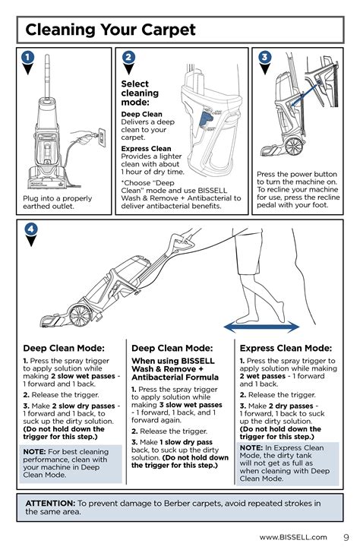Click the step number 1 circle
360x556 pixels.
(27, 57)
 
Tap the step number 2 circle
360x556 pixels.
(128, 57)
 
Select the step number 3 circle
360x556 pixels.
(264, 57)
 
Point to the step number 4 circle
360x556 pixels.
(31, 229)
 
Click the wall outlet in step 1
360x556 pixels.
(102, 137)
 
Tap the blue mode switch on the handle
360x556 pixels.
(205, 118)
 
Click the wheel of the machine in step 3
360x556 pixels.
(295, 146)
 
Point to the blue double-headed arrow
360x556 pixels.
(261, 327)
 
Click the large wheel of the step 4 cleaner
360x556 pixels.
(81, 315)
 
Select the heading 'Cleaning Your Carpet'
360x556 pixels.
(110, 30)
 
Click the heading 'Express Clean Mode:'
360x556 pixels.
(286, 348)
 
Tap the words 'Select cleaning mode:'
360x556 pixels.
(140, 93)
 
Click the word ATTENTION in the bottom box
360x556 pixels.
(50, 503)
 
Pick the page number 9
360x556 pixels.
(346, 537)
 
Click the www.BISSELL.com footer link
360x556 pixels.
(293, 537)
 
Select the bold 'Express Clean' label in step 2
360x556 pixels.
(146, 149)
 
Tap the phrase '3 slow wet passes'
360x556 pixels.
(191, 405)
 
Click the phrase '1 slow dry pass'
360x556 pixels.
(186, 442)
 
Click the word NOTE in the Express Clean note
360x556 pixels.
(251, 448)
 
